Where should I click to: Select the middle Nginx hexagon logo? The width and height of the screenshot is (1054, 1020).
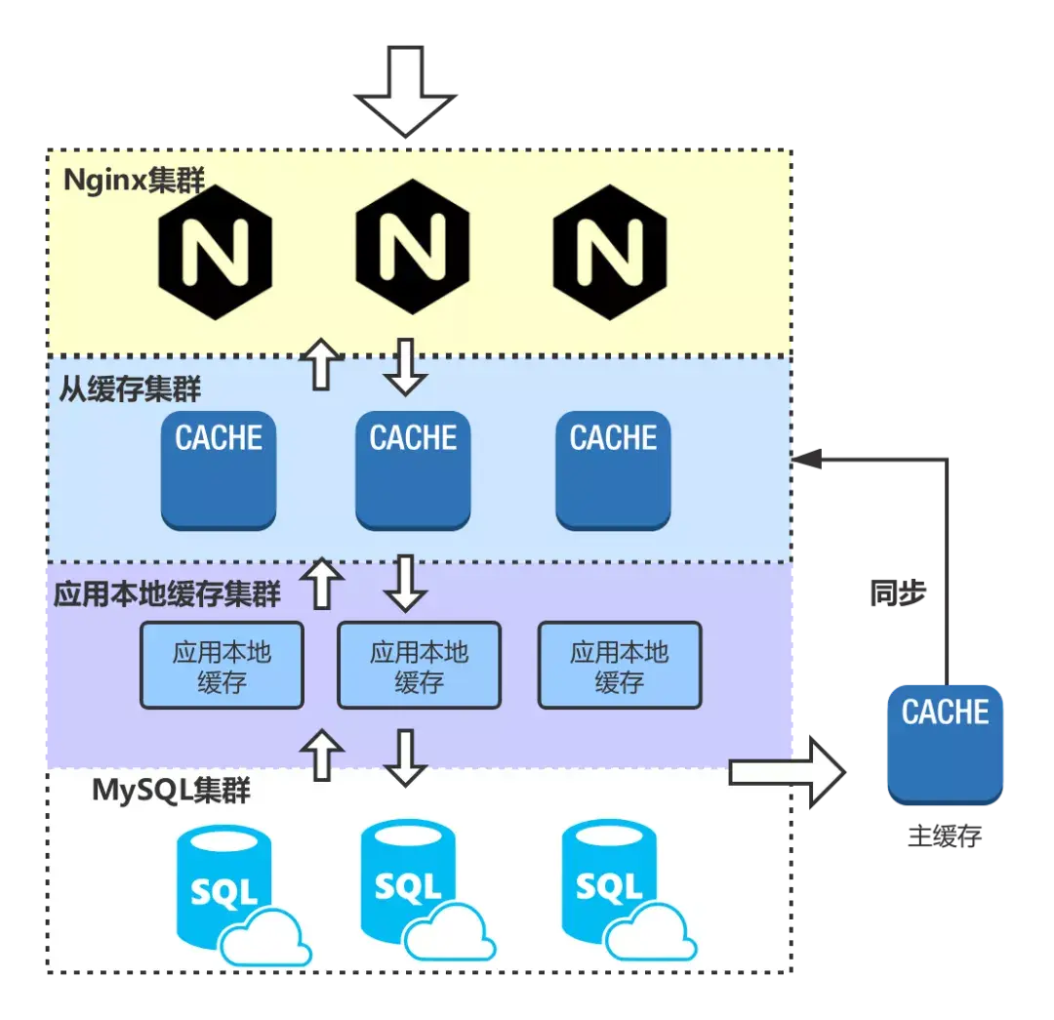(x=412, y=246)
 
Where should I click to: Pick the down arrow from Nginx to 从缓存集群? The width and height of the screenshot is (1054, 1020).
(x=405, y=366)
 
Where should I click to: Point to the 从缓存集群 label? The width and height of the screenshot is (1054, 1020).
(x=130, y=389)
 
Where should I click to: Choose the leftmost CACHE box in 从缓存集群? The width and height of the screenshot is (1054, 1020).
(x=219, y=469)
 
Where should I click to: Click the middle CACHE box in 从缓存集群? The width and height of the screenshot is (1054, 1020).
(x=413, y=469)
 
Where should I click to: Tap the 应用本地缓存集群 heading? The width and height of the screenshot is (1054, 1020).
(x=167, y=593)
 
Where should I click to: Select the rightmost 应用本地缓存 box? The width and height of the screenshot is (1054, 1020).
(x=620, y=666)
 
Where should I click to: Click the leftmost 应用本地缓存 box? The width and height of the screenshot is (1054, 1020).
(x=222, y=666)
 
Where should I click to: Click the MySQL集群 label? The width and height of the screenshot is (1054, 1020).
(x=171, y=790)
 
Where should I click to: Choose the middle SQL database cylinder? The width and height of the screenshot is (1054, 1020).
(x=408, y=877)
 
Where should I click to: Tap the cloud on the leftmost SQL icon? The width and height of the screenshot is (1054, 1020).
(x=265, y=937)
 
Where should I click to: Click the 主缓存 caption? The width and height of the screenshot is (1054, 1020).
(x=944, y=836)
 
